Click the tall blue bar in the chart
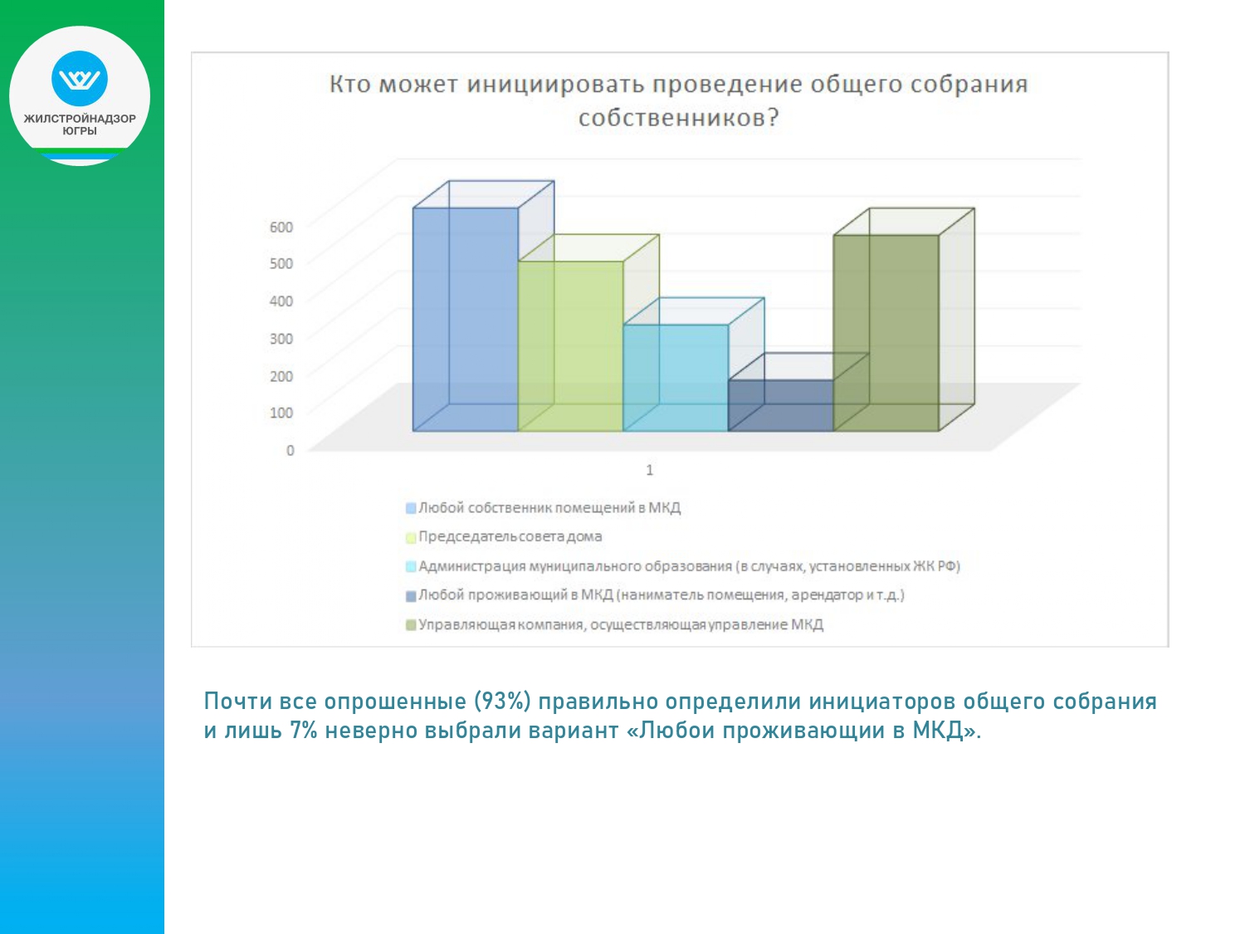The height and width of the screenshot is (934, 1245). (x=466, y=320)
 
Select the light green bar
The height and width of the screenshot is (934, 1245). (x=570, y=346)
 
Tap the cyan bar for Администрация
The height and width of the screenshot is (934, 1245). (x=676, y=378)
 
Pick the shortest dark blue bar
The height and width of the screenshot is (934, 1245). (x=781, y=405)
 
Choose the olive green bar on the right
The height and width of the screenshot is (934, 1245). (x=886, y=333)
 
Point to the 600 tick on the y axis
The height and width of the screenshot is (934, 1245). (x=281, y=227)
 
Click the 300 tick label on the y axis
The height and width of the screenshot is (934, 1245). (x=281, y=339)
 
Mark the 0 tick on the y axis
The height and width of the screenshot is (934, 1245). (x=290, y=450)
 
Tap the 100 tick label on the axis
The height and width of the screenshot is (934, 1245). (x=281, y=413)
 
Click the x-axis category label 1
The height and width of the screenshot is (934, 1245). (x=649, y=470)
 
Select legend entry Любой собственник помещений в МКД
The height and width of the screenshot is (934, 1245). (x=544, y=507)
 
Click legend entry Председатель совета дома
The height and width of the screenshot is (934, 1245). (x=504, y=536)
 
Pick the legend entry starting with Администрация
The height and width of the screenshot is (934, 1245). (x=683, y=566)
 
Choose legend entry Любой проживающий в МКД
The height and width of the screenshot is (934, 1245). (x=655, y=595)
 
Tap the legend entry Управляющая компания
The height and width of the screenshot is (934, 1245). (x=614, y=624)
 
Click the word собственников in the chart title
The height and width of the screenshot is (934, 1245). (x=678, y=118)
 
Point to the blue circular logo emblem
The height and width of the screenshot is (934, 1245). (x=80, y=78)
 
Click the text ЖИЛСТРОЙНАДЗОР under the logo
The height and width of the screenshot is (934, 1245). (x=80, y=119)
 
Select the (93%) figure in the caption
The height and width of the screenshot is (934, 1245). (x=502, y=702)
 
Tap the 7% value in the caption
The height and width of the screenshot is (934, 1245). (x=303, y=731)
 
